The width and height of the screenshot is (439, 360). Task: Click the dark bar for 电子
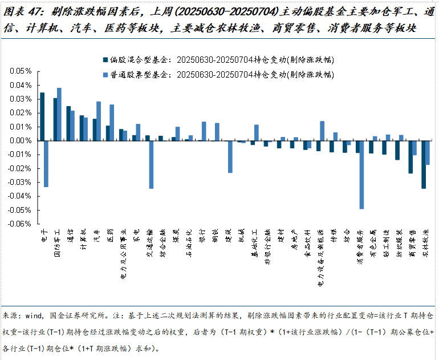42,116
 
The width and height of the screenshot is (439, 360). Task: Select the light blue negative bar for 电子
46,164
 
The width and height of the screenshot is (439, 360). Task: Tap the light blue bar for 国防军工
59,114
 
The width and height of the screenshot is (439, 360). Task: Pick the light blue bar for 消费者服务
361,175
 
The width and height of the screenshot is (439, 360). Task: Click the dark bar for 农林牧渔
424,164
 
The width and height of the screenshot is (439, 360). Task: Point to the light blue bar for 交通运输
152,164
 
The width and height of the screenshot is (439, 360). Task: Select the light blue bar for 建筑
230,156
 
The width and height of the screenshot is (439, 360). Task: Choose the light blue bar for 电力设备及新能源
322,131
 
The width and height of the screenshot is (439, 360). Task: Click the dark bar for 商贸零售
410,157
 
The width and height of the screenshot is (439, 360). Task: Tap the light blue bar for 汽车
99,121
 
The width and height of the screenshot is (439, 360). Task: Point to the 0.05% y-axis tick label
20,71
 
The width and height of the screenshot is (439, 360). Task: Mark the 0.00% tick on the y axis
20,140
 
